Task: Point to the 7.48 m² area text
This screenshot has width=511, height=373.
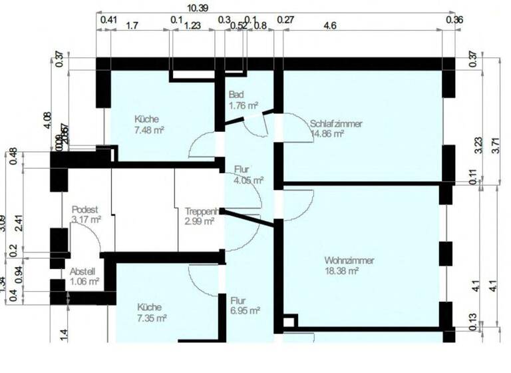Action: (x=149, y=131)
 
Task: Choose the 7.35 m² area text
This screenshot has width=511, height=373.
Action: (x=152, y=318)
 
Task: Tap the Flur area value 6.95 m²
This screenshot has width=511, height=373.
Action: (x=245, y=310)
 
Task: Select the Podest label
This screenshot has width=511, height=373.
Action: (x=85, y=208)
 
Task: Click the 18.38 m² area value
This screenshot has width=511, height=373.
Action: (x=342, y=271)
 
